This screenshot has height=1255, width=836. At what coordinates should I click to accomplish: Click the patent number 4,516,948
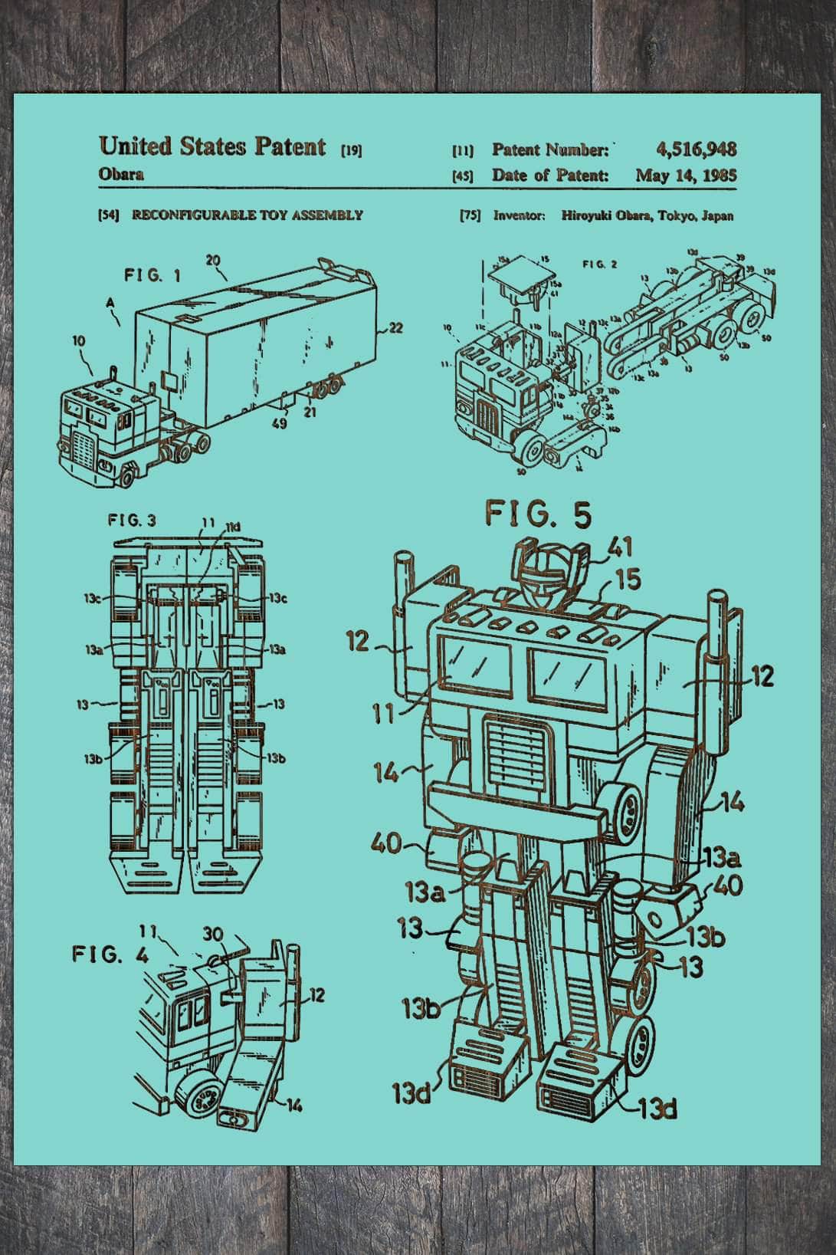point(696,149)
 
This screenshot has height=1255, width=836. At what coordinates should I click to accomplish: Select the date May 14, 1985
point(686,175)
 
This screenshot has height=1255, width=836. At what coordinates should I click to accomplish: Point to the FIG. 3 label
point(132,521)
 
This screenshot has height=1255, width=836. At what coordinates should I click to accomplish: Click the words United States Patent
point(212,146)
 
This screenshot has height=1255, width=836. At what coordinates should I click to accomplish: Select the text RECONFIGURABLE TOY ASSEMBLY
point(247,215)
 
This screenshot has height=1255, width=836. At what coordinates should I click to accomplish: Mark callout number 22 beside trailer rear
point(395,328)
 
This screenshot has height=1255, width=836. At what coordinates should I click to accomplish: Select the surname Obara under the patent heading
point(121,174)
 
